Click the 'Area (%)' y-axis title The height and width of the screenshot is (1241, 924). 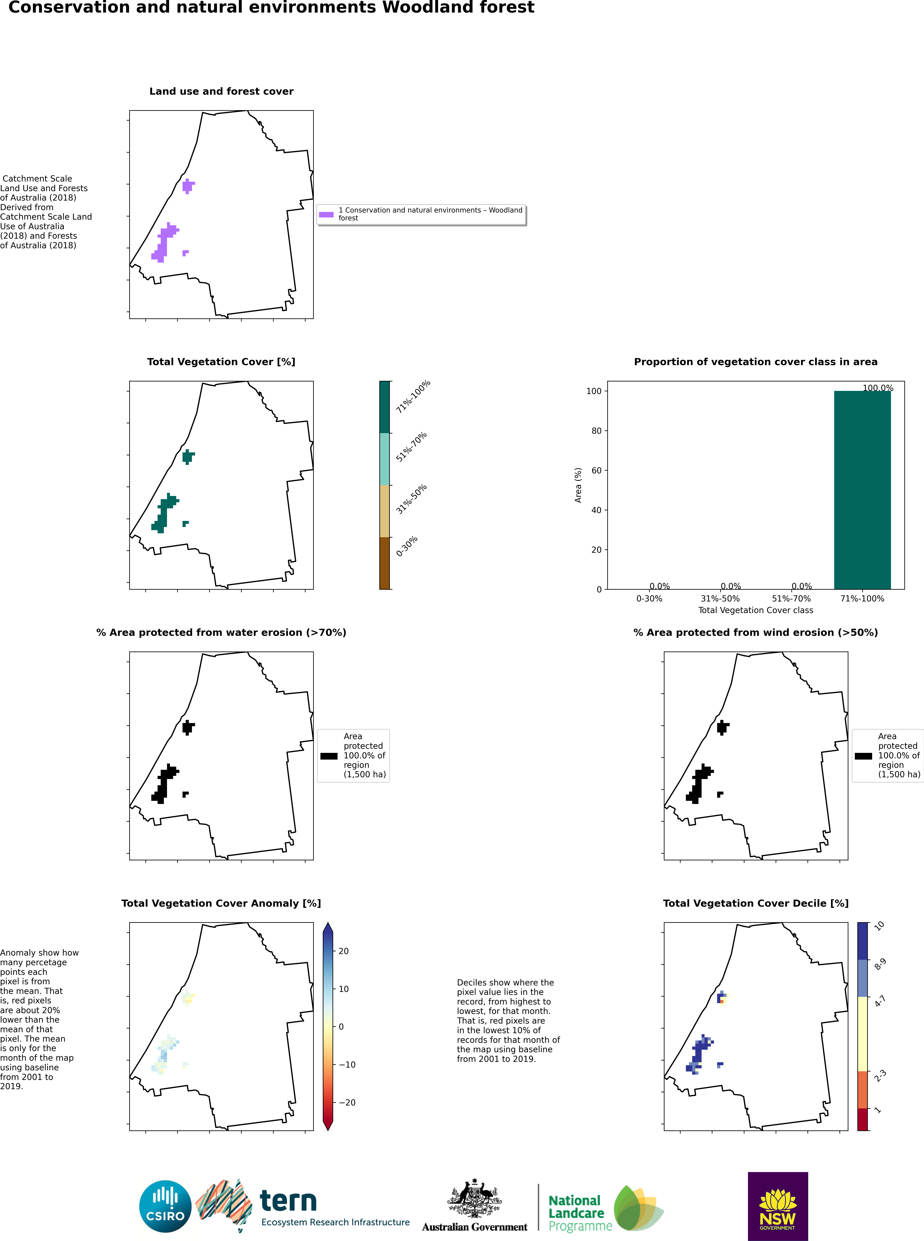click(x=578, y=485)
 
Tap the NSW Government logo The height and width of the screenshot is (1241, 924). click(x=777, y=1206)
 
